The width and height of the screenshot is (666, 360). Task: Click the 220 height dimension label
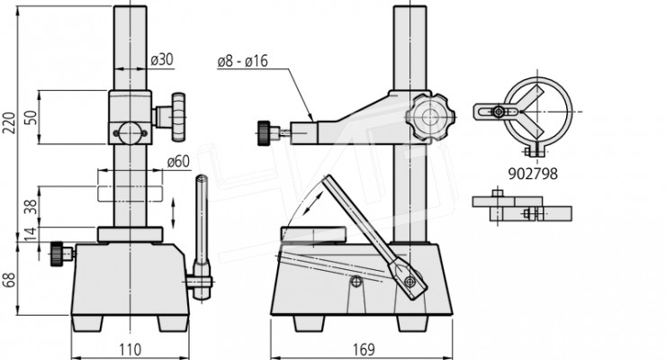pos(9,123)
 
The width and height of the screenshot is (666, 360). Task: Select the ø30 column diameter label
pos(162,59)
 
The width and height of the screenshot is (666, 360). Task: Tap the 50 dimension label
pos(31,118)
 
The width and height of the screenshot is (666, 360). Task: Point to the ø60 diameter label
pos(178,161)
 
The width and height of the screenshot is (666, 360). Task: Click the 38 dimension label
pos(31,207)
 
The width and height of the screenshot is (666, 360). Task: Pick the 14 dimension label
pos(31,234)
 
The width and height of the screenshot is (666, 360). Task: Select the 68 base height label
pos(9,280)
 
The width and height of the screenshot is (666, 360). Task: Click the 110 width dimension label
pos(130,350)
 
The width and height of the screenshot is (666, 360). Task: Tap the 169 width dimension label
pos(364,350)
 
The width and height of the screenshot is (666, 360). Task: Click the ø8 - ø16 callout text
pos(242,61)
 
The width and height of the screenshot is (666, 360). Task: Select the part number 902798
pos(533,174)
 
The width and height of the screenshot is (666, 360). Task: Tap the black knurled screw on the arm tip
pos(264,133)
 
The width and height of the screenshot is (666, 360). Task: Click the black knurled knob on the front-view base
pos(57,254)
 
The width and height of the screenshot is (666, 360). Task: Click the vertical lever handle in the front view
pos(202,238)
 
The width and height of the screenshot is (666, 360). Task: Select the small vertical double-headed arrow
pos(173,212)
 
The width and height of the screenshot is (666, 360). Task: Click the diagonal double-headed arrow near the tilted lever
pos(314,203)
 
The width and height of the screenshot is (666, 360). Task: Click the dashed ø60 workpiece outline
pos(130,193)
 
